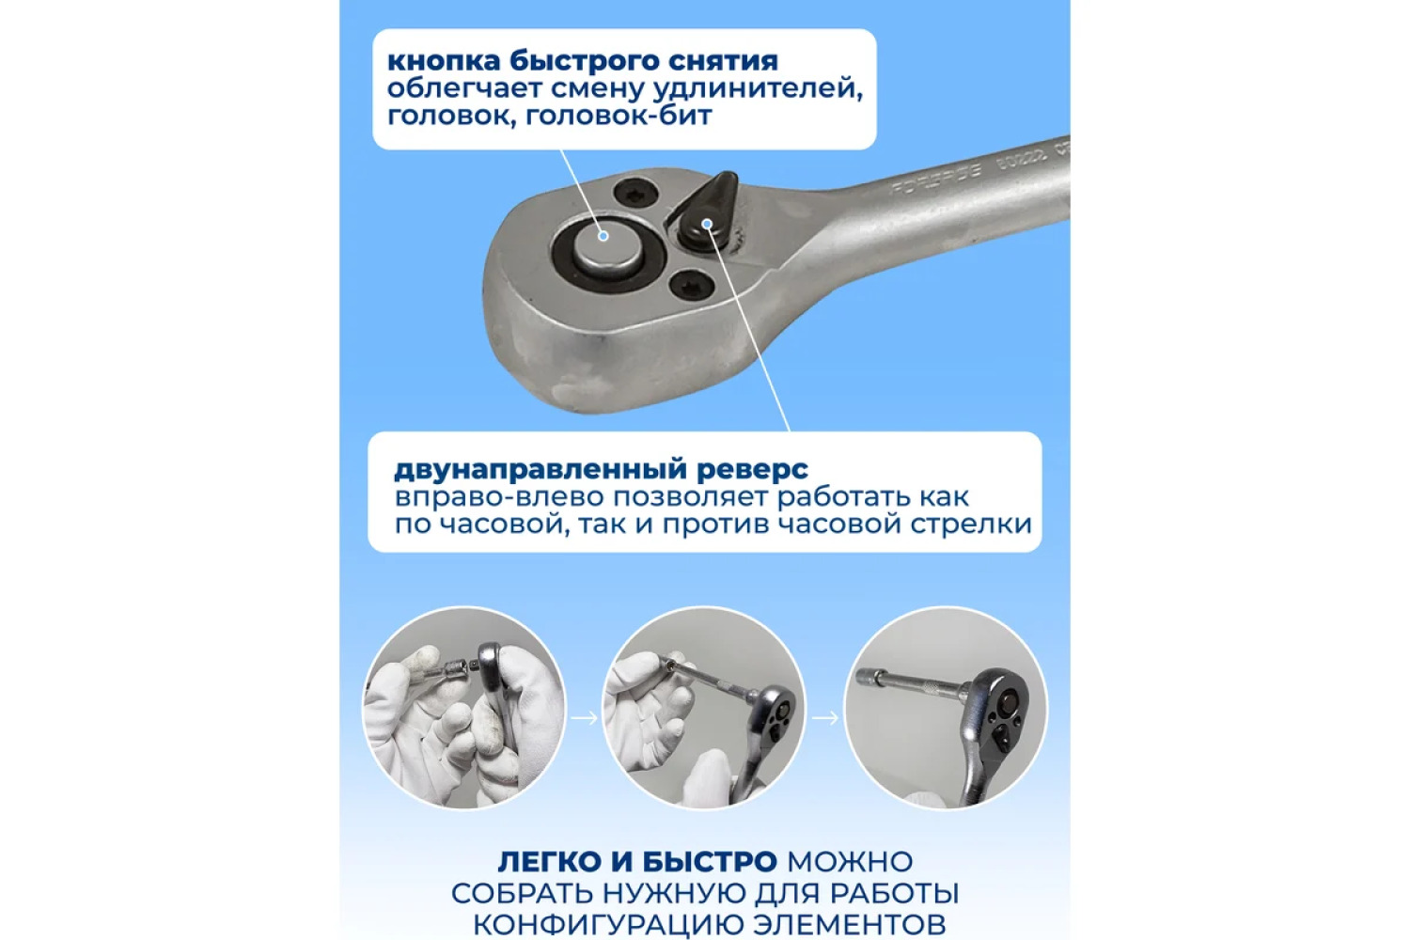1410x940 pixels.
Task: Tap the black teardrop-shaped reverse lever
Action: pyautogui.click(x=706, y=213)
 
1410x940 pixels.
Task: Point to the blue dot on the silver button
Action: pyautogui.click(x=603, y=236)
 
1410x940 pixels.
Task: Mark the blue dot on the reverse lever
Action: pyautogui.click(x=707, y=224)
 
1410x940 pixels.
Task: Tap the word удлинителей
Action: pyautogui.click(x=758, y=89)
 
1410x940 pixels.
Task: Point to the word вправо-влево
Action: pyautogui.click(x=499, y=498)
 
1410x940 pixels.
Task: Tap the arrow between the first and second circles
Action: pyautogui.click(x=584, y=717)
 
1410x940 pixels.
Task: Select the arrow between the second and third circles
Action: pyautogui.click(x=825, y=717)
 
